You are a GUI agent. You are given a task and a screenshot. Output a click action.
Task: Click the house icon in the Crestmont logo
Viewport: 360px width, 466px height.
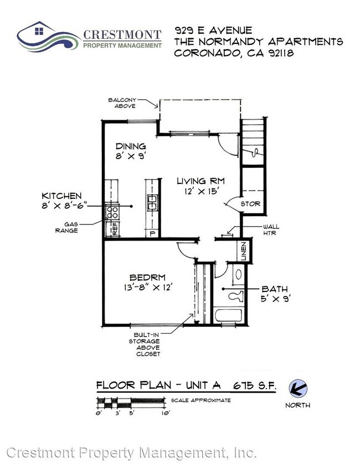pos(39,30)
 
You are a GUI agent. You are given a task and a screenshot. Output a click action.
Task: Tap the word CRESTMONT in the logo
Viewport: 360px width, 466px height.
pos(122,35)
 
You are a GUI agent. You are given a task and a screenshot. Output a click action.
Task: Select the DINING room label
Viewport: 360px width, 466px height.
pos(131,146)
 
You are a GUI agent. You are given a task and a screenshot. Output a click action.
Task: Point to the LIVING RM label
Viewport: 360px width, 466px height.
pos(201,181)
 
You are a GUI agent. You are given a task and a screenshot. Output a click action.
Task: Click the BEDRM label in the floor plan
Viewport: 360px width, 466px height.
pos(148,278)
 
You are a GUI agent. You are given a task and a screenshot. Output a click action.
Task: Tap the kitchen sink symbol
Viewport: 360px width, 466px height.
pos(152,202)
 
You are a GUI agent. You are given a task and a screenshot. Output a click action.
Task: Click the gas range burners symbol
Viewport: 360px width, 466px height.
pos(112,212)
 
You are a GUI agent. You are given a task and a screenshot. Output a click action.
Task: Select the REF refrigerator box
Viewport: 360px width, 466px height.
pos(113,229)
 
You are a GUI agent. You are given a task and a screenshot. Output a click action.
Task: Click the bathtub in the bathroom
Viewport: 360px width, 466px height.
pos(228,315)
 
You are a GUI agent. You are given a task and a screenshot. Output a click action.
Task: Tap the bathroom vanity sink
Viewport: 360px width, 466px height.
pos(239,275)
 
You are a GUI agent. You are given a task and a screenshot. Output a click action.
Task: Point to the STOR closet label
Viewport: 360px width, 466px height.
pos(250,204)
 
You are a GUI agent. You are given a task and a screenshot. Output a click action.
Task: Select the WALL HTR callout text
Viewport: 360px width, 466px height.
pos(271,230)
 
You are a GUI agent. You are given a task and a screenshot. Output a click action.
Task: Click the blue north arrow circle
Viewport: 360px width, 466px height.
pos(298,388)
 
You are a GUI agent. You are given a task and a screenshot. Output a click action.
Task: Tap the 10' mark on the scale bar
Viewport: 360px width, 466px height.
pos(166,413)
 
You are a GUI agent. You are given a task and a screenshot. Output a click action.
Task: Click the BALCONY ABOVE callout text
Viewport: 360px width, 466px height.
pos(122,103)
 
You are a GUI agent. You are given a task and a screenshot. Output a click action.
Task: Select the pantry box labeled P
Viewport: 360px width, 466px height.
pos(152,234)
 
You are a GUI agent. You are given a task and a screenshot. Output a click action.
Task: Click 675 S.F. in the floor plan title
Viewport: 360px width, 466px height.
pos(255,386)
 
